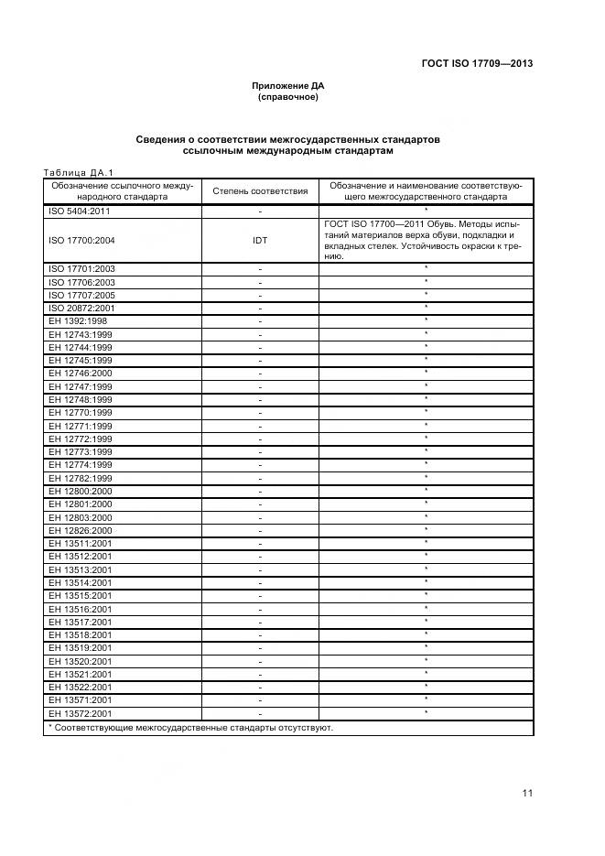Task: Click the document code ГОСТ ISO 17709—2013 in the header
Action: (x=476, y=63)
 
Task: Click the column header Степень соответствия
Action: (x=260, y=191)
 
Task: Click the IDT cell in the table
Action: (x=260, y=241)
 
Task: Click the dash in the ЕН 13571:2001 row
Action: (x=260, y=700)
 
